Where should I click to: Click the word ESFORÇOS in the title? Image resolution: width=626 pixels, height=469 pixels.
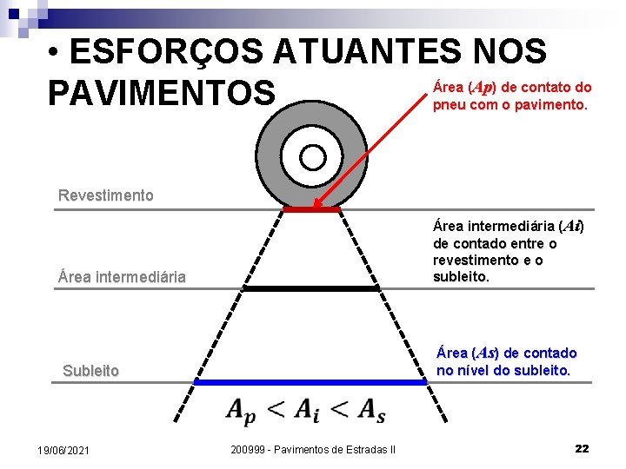click(166, 52)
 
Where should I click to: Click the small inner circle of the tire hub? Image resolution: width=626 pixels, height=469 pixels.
click(312, 157)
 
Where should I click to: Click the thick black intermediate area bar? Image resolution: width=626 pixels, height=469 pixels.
click(311, 288)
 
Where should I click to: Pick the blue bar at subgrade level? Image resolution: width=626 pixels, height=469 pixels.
click(311, 382)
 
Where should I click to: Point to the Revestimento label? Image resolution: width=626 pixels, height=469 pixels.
click(105, 195)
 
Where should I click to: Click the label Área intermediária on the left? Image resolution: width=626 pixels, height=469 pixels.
click(121, 277)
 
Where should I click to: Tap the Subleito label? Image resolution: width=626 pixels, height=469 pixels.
click(90, 371)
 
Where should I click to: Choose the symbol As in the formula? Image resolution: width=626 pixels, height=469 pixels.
click(370, 410)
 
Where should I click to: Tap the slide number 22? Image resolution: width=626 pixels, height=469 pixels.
click(583, 448)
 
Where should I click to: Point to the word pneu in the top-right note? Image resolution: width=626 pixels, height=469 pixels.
click(449, 105)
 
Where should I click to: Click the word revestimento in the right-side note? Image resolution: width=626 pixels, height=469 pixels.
click(469, 261)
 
